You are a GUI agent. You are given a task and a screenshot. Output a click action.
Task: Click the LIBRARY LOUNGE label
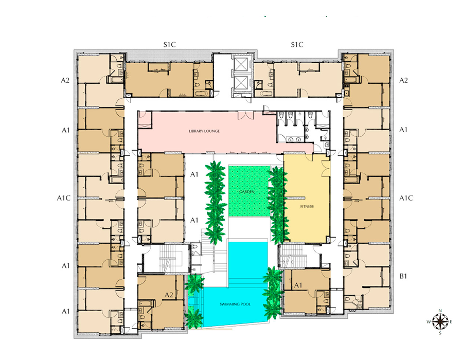tap(204, 131)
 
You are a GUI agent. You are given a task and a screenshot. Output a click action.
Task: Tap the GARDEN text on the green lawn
tap(247, 192)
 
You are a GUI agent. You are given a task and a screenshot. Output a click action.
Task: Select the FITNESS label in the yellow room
tap(307, 207)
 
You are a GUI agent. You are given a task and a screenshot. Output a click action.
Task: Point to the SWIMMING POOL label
tap(235, 304)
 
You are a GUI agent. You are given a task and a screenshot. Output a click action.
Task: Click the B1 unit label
tap(403, 276)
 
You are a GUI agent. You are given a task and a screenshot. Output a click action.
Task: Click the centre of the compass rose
tap(440, 321)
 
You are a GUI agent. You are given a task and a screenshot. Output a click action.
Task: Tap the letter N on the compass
tap(440, 311)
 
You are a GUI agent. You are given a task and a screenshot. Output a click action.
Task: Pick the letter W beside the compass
tap(429, 322)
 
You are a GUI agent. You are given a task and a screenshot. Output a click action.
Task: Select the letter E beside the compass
tap(451, 321)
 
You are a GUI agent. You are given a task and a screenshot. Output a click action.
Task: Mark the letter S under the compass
tap(440, 333)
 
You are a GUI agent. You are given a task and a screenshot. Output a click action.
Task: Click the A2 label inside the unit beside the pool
tap(169, 295)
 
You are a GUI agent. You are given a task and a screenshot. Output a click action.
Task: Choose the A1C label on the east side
tap(406, 198)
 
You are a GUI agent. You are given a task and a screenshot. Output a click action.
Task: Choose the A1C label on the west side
tap(64, 198)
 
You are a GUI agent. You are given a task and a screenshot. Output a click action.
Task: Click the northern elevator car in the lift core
tap(241, 64)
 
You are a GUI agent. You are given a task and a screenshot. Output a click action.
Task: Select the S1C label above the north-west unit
tap(170, 45)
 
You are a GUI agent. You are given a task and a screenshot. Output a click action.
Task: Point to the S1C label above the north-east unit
tap(297, 45)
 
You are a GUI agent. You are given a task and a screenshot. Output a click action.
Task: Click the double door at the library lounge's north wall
tap(246, 115)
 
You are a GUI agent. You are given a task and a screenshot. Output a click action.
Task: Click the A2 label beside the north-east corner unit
tap(404, 80)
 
